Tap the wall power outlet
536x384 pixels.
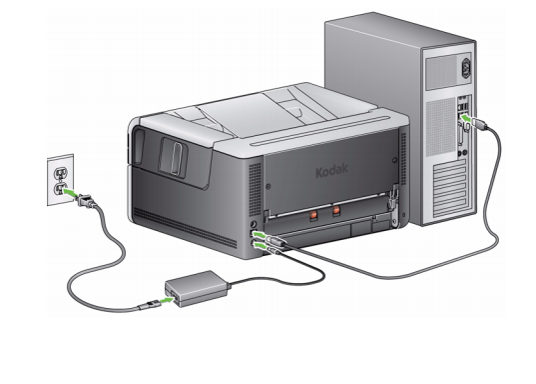coord(60,179)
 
